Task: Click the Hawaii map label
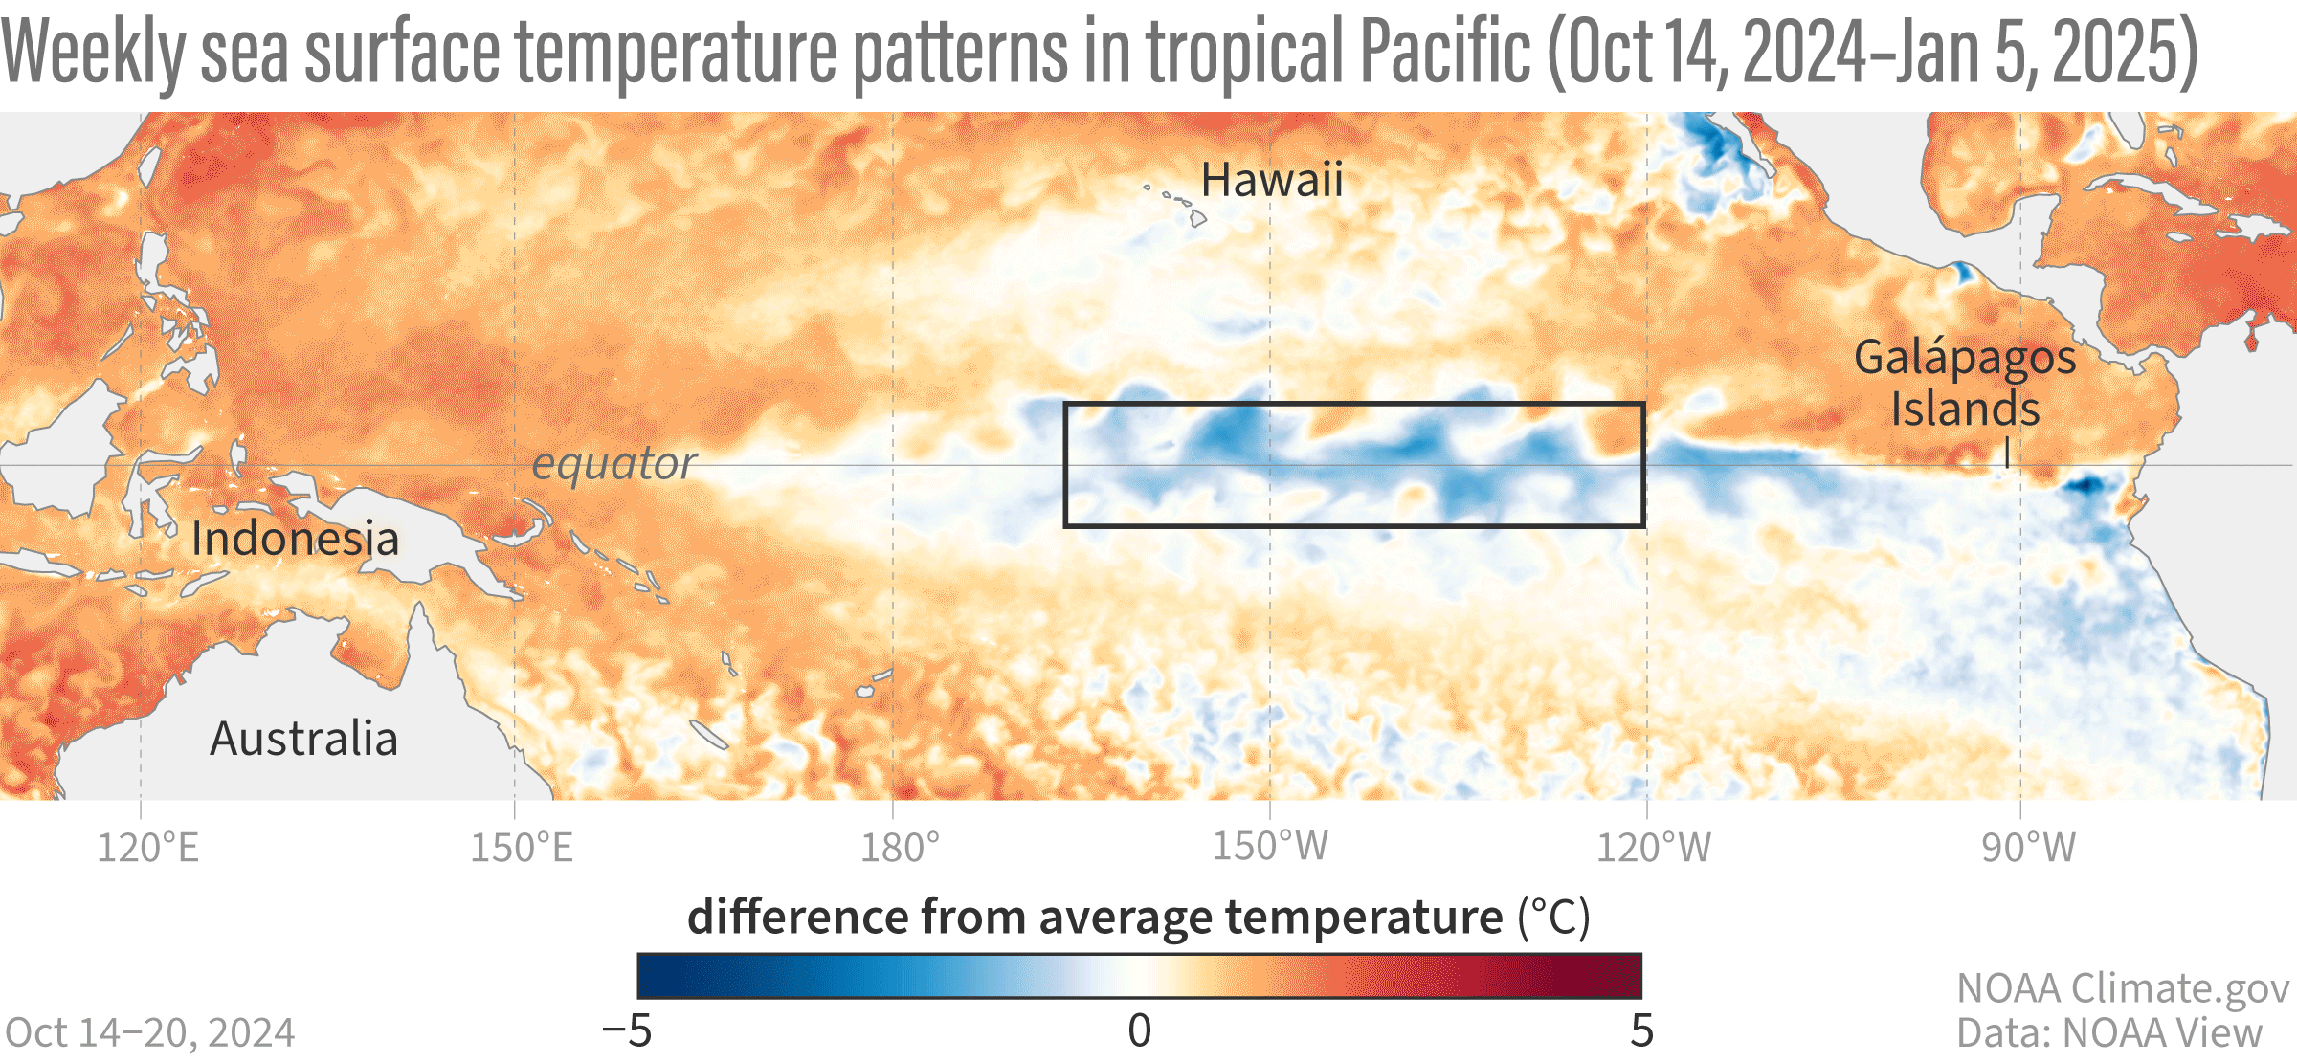[1272, 180]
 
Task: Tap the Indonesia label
[295, 539]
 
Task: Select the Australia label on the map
[303, 739]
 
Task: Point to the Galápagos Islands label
[1965, 383]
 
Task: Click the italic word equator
[613, 463]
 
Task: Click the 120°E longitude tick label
[148, 848]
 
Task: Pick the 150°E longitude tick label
[521, 848]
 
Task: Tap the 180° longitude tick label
[900, 848]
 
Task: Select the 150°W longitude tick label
[1270, 846]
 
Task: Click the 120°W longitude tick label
[1653, 848]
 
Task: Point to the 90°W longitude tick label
[2028, 848]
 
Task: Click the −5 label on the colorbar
[627, 1031]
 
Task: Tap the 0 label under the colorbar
[1139, 1031]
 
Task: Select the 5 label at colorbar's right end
[1641, 1031]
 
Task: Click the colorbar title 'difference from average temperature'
[1095, 917]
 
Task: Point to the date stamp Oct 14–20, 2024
[150, 1033]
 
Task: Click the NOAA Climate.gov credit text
[2123, 988]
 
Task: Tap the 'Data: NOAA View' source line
[2108, 1033]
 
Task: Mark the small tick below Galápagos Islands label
[2007, 454]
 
